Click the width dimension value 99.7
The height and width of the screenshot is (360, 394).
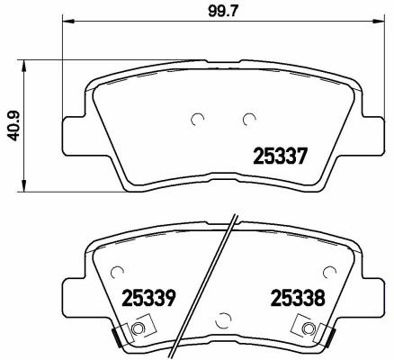coord(223,11)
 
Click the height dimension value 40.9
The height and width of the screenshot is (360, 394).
coord(13,126)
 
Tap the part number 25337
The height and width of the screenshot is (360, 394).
coord(281,156)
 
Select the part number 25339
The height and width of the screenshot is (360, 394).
coord(148,298)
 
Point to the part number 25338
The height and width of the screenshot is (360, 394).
coord(298,298)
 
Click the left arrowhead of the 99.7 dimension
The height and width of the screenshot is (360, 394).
coord(67,21)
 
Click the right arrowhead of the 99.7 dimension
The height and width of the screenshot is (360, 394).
coord(379,21)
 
